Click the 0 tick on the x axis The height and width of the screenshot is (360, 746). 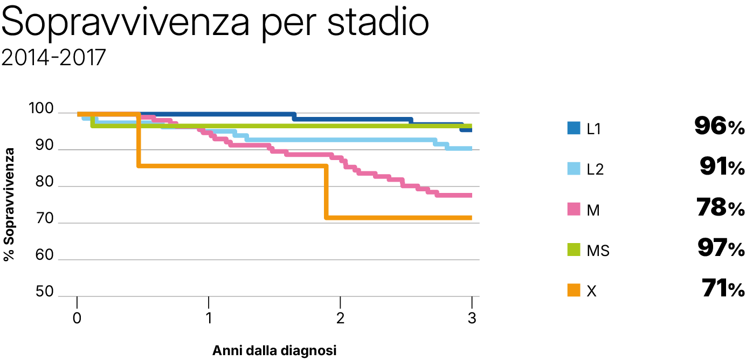(78, 319)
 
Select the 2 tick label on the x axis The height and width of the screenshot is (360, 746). (340, 319)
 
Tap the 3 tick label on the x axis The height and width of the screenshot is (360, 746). (472, 319)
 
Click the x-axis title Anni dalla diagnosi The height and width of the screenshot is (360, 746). (274, 351)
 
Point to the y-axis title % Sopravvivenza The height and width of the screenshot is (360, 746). (9, 204)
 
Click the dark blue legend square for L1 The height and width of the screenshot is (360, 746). (573, 128)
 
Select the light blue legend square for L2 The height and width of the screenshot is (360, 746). (573, 169)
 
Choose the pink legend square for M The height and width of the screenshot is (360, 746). (573, 209)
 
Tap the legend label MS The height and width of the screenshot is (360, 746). (598, 251)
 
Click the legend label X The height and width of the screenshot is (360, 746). (591, 291)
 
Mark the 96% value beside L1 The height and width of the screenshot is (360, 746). (719, 127)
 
